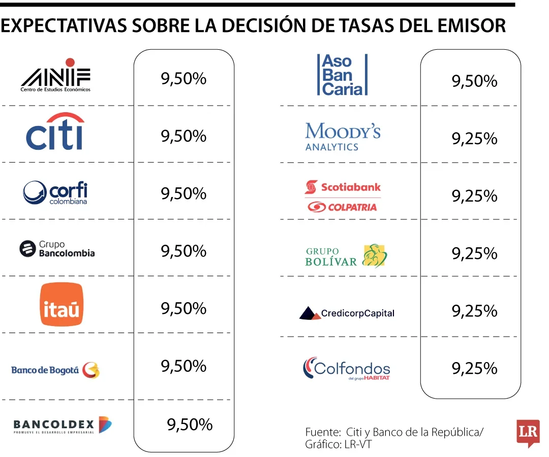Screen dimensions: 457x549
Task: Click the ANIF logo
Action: point(56,78)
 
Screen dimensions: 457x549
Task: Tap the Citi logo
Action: point(55,133)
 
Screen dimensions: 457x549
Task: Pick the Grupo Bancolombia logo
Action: point(57,249)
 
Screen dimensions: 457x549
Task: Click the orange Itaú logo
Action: point(62,304)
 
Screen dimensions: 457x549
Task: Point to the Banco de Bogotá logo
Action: point(55,370)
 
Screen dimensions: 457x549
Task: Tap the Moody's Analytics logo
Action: point(343,136)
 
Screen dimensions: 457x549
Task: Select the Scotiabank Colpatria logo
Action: point(343,196)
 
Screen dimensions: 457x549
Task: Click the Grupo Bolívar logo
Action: point(346,255)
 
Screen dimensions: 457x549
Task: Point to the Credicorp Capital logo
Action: point(347,313)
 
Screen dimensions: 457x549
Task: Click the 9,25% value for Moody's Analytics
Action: point(474,139)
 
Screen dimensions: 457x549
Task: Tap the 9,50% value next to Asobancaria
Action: point(474,81)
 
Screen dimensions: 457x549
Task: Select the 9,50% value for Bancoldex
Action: point(190,425)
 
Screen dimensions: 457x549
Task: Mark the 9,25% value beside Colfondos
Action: point(474,368)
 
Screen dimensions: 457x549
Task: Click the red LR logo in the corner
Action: point(527,432)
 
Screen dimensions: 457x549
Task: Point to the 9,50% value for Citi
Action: point(184,136)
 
